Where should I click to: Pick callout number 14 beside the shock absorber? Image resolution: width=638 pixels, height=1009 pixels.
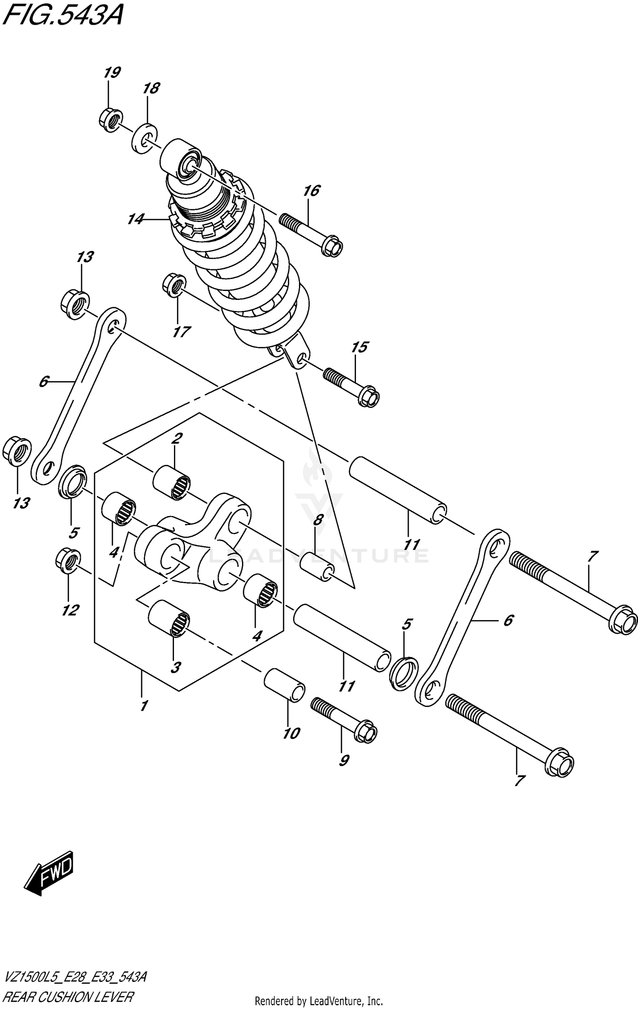135,219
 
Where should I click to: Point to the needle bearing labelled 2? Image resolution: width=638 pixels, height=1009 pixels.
172,482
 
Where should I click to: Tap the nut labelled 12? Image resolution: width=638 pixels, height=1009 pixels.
68,561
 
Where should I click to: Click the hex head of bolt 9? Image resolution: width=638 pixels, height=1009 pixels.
365,733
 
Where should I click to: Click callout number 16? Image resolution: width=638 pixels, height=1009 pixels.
311,191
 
